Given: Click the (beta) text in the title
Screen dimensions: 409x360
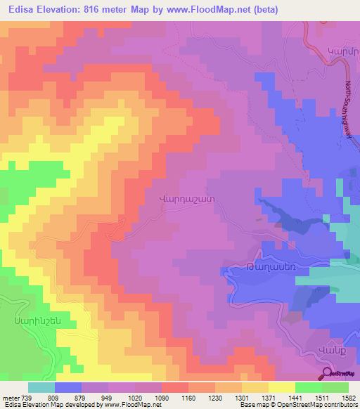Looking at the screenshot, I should point(265,10).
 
